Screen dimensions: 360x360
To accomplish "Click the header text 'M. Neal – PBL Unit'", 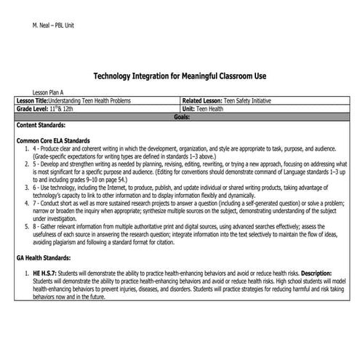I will point(54,25).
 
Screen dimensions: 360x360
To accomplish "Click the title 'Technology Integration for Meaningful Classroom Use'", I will point(180,76).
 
